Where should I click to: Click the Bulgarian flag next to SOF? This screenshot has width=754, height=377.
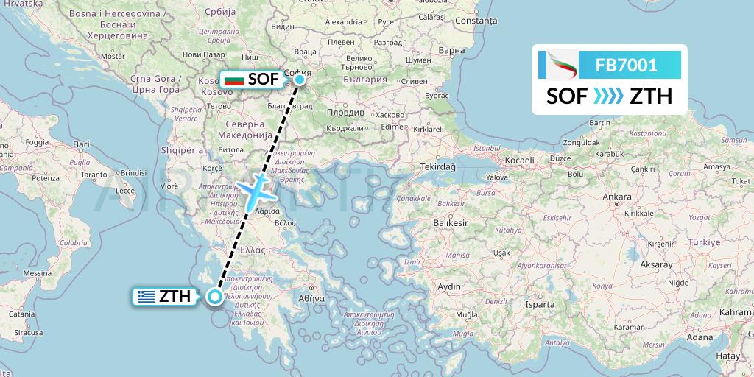click(x=234, y=79)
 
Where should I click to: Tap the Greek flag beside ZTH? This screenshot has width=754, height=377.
click(x=145, y=297)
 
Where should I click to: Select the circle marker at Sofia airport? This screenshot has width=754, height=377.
click(x=300, y=79)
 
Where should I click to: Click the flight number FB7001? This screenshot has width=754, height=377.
click(x=626, y=66)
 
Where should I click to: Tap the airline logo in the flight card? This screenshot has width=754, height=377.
click(x=559, y=66)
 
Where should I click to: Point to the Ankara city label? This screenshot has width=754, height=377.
click(x=617, y=197)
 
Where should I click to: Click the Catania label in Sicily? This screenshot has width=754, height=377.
click(x=21, y=314)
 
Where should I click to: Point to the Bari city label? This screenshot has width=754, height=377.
click(x=81, y=144)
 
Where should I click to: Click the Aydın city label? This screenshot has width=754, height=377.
click(x=448, y=286)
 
